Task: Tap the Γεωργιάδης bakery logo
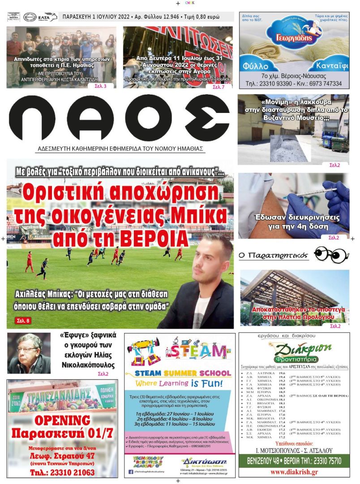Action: point(293,34)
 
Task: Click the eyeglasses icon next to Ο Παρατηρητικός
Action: point(331,255)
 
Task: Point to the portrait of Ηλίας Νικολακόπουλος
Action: point(29,354)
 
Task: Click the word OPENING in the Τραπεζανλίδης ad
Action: point(63,420)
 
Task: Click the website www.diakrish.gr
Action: point(294,472)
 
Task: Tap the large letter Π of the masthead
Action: point(32,117)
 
